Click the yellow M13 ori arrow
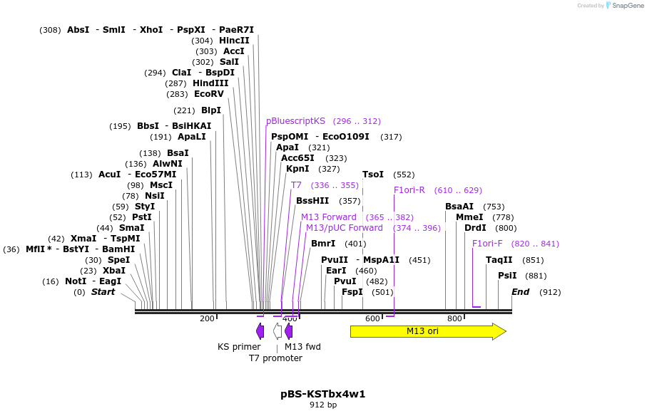428,331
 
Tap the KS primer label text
239,347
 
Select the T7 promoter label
275,358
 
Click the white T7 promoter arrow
277,331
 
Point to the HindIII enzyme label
210,83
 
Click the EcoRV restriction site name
209,94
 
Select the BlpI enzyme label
211,110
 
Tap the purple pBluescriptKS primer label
295,121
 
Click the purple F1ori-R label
409,190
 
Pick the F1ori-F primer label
487,244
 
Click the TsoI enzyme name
373,175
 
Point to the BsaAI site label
459,207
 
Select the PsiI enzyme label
507,276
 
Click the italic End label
520,292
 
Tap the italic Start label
103,292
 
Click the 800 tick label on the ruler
454,318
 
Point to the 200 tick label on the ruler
207,318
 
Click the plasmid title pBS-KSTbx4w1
323,394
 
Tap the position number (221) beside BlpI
184,110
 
